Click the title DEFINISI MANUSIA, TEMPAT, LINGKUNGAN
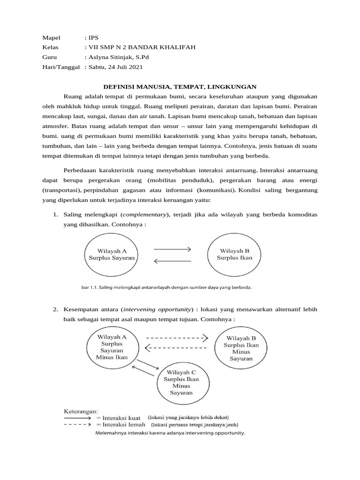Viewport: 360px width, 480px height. (180, 87)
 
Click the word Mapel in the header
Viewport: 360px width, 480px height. (52, 37)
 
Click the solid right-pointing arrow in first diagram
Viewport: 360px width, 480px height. (172, 248)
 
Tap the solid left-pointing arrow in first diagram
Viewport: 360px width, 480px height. (172, 262)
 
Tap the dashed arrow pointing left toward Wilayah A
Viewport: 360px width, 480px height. (176, 347)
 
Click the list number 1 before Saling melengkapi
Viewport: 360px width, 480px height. (55, 214)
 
